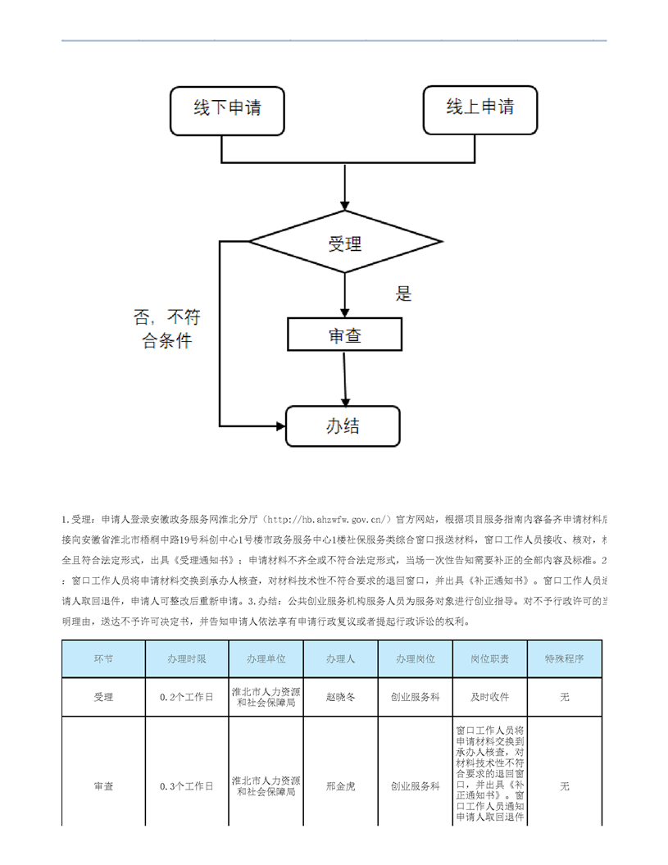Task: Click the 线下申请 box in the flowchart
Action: coord(227,110)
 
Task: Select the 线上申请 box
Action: coord(480,110)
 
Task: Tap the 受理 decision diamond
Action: coord(345,243)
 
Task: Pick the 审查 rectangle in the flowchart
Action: coord(345,335)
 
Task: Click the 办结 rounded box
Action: coord(343,426)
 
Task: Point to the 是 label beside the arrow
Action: coord(404,294)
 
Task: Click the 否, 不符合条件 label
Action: coord(167,329)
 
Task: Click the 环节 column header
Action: coord(103,658)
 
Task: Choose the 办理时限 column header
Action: coord(187,658)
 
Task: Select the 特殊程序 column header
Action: coord(565,658)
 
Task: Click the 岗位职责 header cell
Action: coord(490,658)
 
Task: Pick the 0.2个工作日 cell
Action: coord(187,697)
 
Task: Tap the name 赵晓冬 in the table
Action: coord(341,697)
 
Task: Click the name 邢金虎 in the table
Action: coord(341,786)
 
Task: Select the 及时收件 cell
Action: coord(490,697)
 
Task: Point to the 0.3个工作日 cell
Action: coord(187,786)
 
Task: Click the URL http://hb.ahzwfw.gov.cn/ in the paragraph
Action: coord(328,520)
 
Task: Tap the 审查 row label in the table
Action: coord(103,786)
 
